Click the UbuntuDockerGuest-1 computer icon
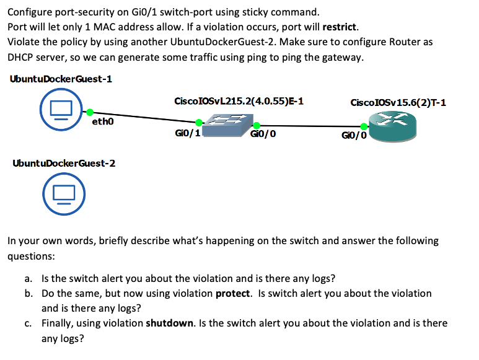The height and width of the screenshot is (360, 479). point(59,110)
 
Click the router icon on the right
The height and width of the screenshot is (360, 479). point(392,126)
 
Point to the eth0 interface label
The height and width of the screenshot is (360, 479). point(103,121)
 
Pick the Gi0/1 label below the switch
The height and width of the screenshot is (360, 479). point(187,133)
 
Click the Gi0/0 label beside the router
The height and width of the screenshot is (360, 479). point(354,134)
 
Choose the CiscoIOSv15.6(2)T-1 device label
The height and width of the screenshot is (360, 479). point(398,102)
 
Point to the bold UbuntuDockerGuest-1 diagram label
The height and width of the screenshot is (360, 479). point(61,79)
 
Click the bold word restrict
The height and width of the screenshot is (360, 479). point(339,27)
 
